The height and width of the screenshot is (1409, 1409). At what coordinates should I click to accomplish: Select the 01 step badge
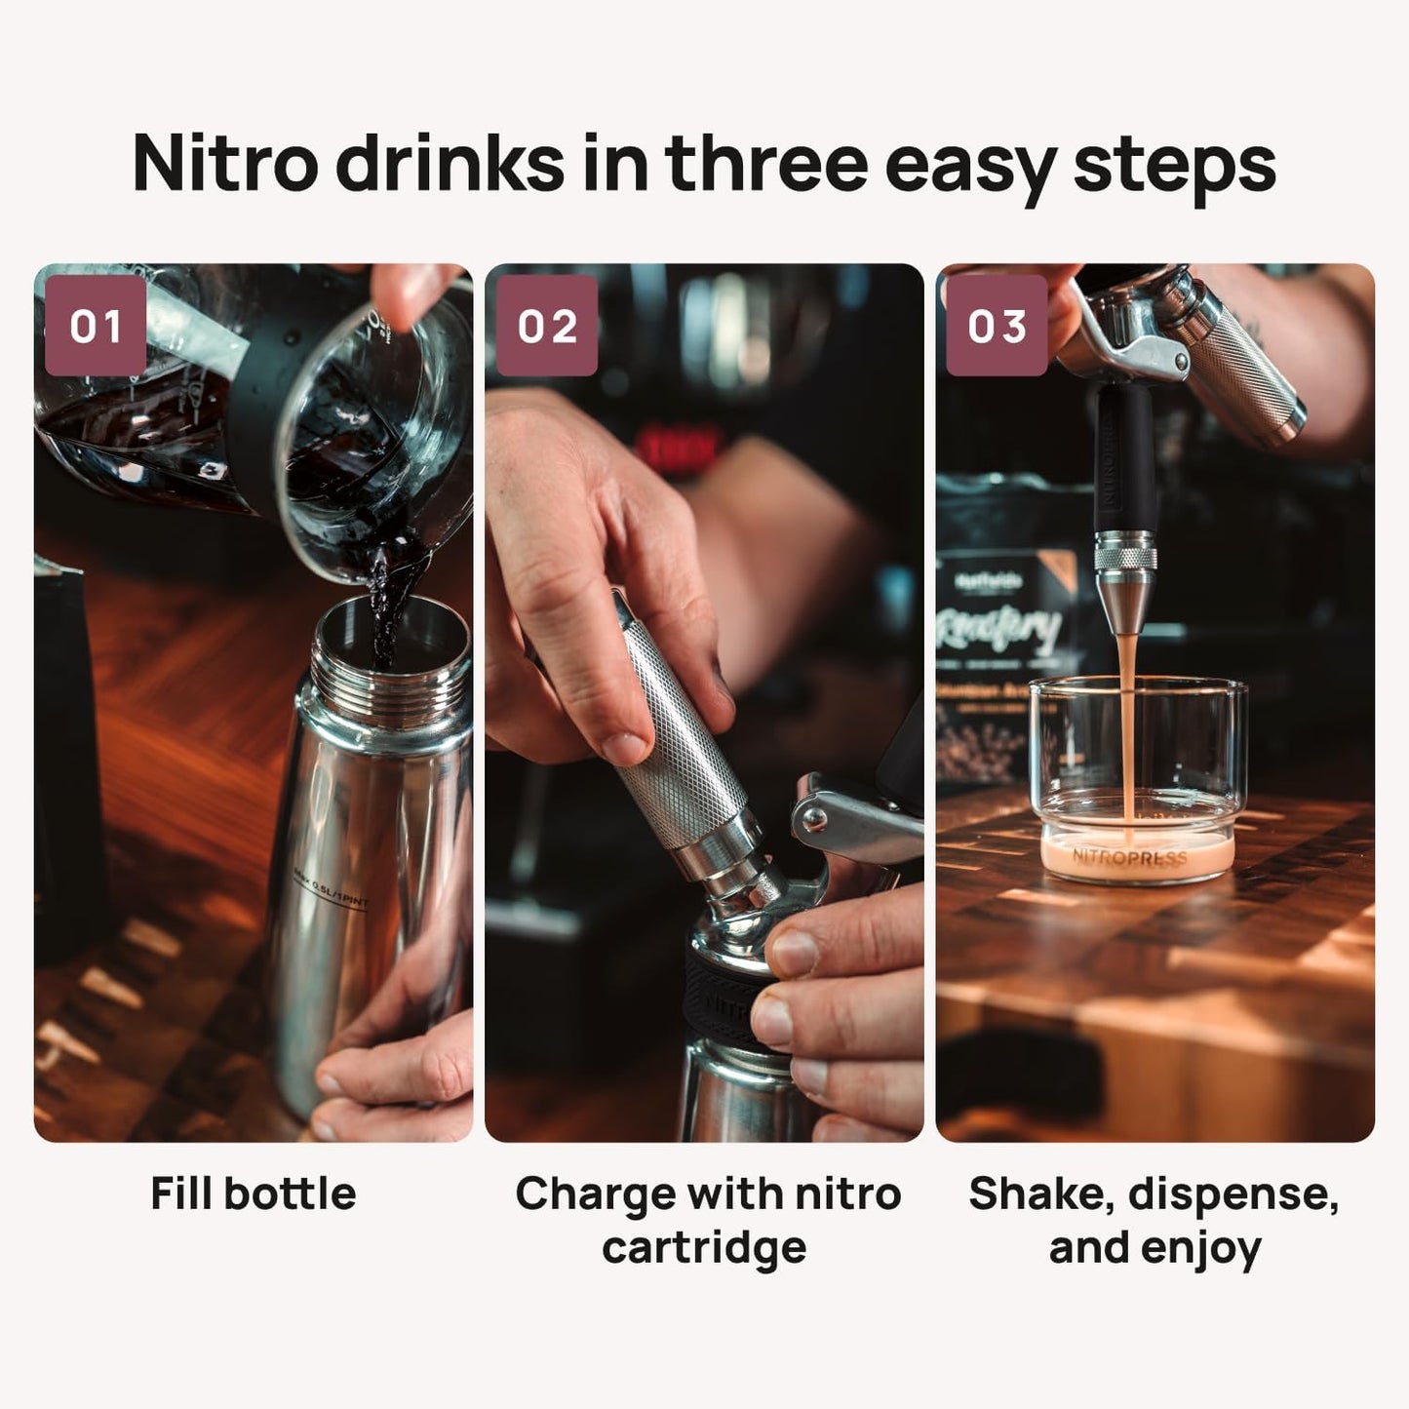96,326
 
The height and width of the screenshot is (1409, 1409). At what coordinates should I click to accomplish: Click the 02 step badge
547,326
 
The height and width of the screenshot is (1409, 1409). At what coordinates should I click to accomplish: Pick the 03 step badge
997,326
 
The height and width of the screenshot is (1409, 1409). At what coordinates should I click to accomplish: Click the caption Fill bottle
254,1193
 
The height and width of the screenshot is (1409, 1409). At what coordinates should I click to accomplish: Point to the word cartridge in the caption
704,1247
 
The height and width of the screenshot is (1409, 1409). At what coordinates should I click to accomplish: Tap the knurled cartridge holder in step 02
673,722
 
